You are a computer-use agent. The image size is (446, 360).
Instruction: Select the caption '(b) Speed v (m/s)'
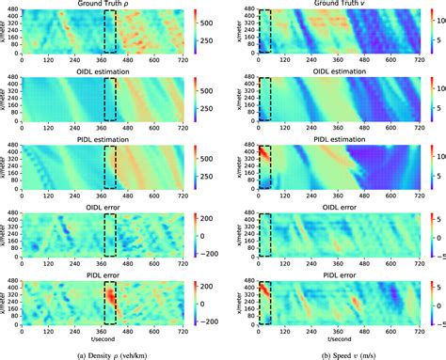click(336, 352)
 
